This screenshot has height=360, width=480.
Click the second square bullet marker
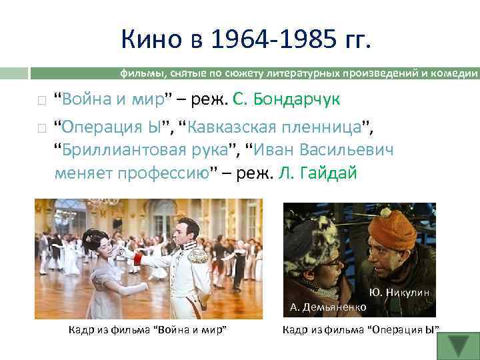41,126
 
